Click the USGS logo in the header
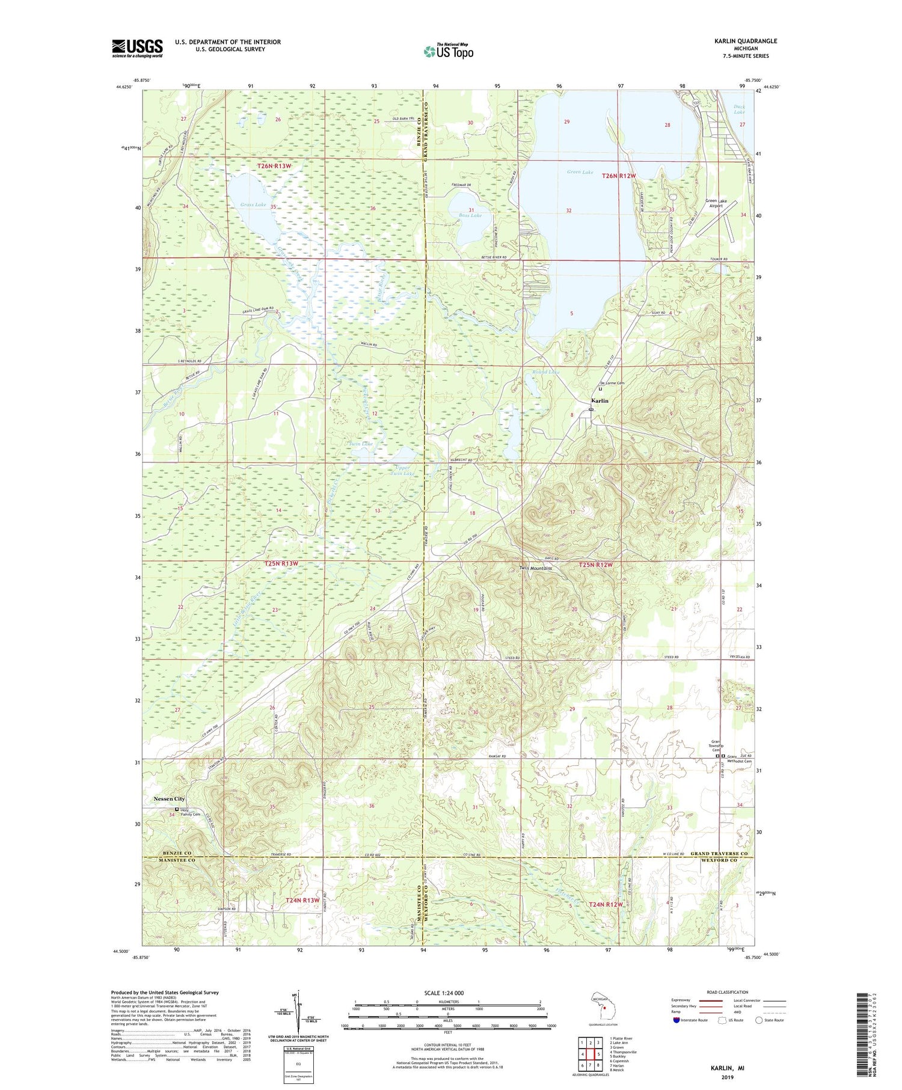pos(137,48)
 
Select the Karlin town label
pos(600,400)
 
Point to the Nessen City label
pos(169,798)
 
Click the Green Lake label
pos(580,173)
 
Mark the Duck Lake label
pos(739,109)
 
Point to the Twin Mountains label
pos(536,568)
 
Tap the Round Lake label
pos(545,372)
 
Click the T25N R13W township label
pos(281,564)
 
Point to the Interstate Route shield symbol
pos(677,1020)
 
